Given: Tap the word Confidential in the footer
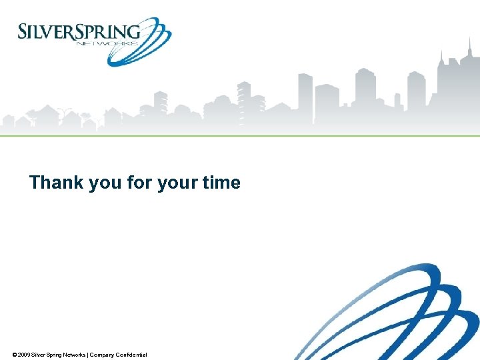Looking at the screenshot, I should [x=131, y=355].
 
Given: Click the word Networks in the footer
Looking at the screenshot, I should [x=73, y=355].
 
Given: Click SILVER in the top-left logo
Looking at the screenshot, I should [x=43, y=32].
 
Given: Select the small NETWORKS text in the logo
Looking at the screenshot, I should [x=107, y=43].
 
